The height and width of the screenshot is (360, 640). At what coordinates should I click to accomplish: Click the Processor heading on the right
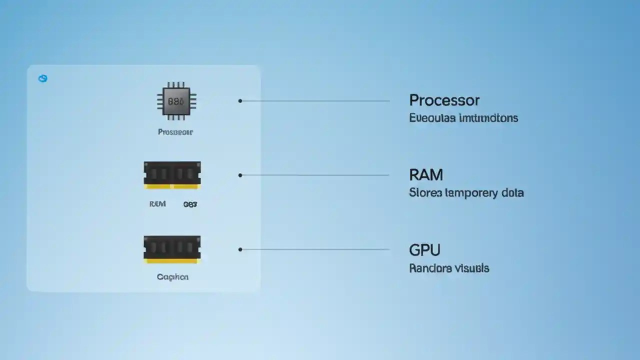444,100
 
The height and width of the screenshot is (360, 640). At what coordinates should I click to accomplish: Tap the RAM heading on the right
426,175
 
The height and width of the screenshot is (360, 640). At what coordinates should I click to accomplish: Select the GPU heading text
424,249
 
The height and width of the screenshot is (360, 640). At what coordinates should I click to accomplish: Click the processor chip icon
176,101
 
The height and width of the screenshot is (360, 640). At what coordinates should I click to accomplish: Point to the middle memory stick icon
172,175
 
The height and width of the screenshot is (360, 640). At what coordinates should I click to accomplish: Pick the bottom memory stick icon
172,249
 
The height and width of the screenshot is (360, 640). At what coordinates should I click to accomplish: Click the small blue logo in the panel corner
43,78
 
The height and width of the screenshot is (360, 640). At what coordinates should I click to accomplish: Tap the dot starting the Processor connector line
240,101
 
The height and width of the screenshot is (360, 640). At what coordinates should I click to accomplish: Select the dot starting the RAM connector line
240,175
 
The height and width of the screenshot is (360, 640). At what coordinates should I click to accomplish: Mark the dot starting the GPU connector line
240,249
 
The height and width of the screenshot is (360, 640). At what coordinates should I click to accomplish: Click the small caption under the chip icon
175,132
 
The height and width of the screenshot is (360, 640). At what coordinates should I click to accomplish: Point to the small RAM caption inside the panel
157,204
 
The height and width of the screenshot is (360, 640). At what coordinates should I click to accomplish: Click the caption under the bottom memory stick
172,276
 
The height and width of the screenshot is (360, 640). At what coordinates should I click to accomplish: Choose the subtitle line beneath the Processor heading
463,118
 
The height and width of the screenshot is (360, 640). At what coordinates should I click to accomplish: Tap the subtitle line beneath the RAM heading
466,193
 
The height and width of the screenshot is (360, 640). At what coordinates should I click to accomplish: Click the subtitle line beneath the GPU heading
449,268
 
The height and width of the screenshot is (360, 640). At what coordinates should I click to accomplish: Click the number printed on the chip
176,101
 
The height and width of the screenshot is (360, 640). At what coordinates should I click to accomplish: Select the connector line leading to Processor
315,101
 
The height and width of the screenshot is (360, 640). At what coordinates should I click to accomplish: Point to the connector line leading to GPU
315,249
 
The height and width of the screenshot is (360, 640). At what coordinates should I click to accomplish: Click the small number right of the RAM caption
190,204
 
